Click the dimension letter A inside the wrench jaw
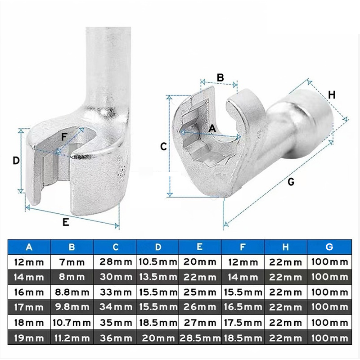tap(213, 128)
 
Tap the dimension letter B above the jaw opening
tap(220, 77)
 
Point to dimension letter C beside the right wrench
tap(164, 146)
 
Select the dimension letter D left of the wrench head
tap(16, 161)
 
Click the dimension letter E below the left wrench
tap(66, 222)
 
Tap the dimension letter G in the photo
tap(291, 182)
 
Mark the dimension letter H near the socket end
tap(331, 95)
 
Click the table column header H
tap(286, 247)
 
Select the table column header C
tap(115, 247)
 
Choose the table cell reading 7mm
tap(72, 262)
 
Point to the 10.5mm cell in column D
tap(157, 262)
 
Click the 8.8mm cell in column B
tap(72, 292)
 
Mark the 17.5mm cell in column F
tap(243, 323)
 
